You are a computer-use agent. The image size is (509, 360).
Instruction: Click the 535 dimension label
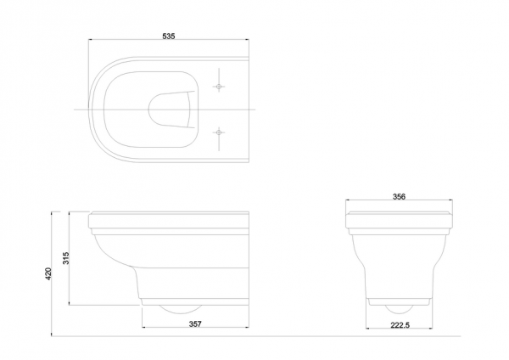point(169,36)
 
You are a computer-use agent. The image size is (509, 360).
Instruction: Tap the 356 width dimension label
point(399,197)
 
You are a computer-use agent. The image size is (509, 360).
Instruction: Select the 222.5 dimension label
point(400,325)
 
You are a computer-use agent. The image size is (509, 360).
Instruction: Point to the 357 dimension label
point(195,324)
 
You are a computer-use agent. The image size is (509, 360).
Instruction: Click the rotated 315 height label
point(66,258)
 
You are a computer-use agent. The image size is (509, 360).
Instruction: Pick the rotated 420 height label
point(48,274)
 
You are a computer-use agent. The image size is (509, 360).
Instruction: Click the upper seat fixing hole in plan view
point(219,87)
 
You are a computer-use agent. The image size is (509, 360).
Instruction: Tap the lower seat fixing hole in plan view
point(219,132)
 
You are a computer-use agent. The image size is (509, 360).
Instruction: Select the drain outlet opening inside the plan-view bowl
point(171,110)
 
